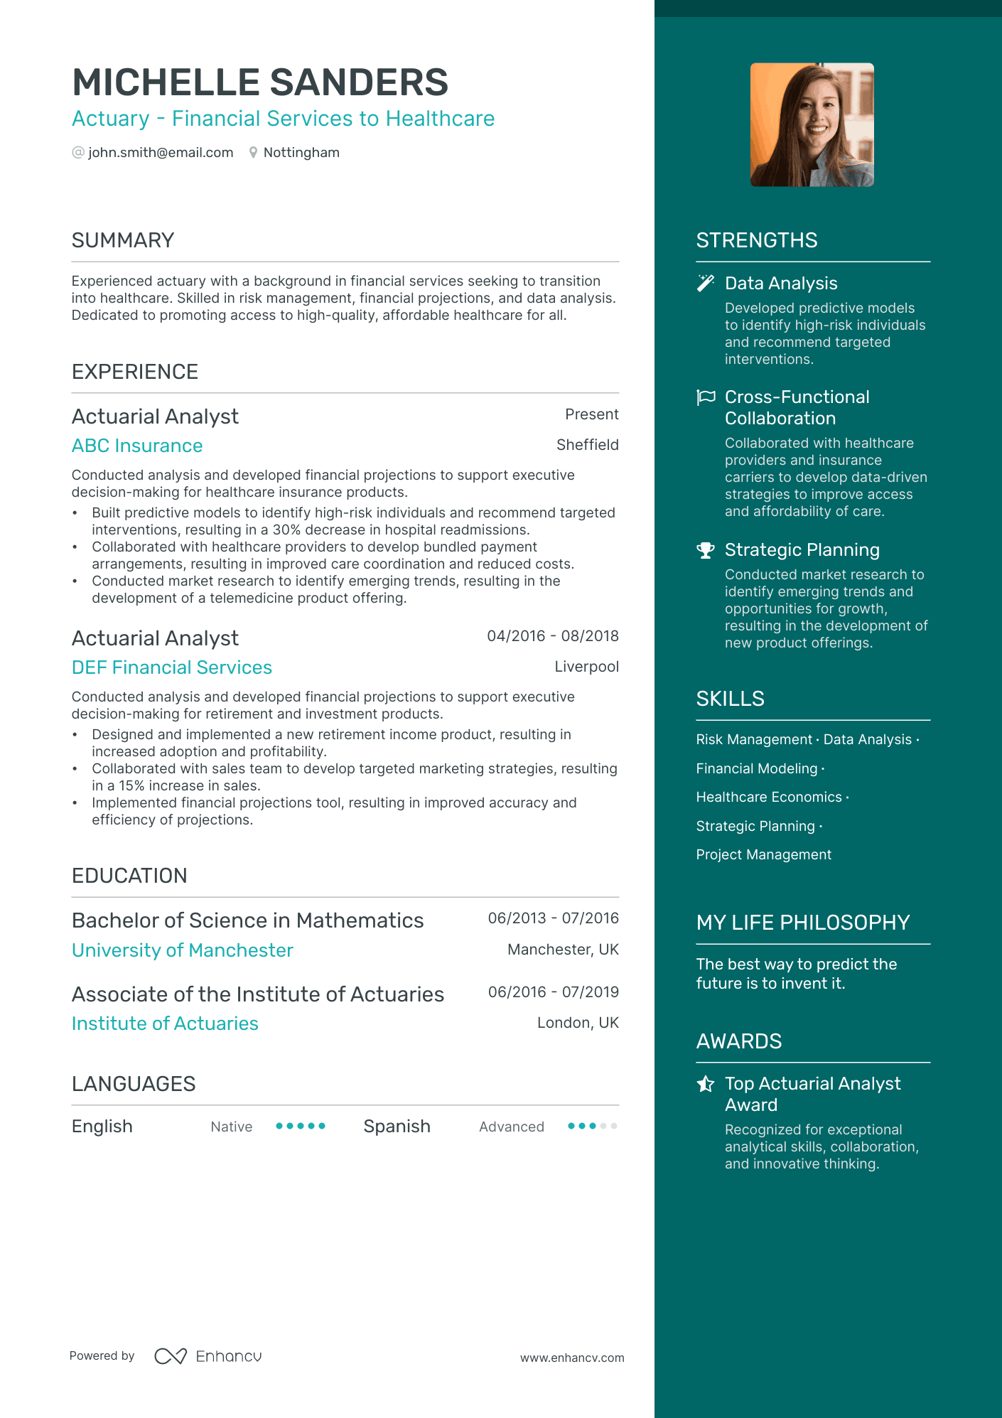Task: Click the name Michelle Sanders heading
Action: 260,82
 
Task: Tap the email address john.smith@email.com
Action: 161,153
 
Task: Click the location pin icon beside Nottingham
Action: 253,153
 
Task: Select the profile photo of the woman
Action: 812,125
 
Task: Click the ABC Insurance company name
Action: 137,446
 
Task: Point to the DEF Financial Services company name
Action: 172,667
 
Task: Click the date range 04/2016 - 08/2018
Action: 552,636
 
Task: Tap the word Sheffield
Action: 587,445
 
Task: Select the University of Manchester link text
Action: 183,950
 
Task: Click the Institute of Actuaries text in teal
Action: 165,1024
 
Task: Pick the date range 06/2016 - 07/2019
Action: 553,992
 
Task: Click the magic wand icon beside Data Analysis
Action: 705,284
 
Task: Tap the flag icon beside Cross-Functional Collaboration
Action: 705,397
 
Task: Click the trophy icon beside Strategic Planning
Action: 705,550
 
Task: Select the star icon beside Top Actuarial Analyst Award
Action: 705,1084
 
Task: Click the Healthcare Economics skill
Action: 769,797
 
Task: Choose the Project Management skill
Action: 763,855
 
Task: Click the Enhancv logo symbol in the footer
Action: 171,1356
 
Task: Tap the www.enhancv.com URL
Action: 572,1358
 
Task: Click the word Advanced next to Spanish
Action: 511,1127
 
